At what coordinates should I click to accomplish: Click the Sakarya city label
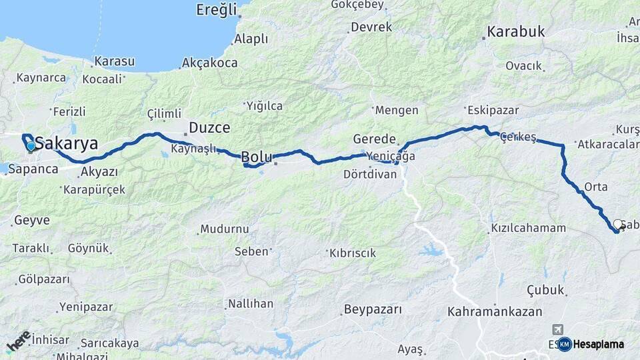(66, 143)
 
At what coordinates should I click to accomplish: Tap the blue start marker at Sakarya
(31, 146)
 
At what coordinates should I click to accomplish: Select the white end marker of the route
(618, 225)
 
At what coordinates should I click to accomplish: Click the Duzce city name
(209, 127)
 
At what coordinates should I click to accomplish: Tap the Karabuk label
(515, 31)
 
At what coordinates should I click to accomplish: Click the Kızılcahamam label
(528, 228)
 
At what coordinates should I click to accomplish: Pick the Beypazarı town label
(373, 309)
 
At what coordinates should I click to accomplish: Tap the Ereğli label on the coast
(217, 9)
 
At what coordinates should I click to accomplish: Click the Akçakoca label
(210, 63)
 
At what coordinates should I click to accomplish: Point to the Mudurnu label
(225, 229)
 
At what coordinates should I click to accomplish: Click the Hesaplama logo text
(599, 345)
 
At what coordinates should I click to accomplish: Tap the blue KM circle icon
(565, 345)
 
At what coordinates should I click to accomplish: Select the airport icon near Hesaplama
(557, 330)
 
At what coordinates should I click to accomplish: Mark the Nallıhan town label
(251, 303)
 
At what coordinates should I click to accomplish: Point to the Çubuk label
(546, 290)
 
